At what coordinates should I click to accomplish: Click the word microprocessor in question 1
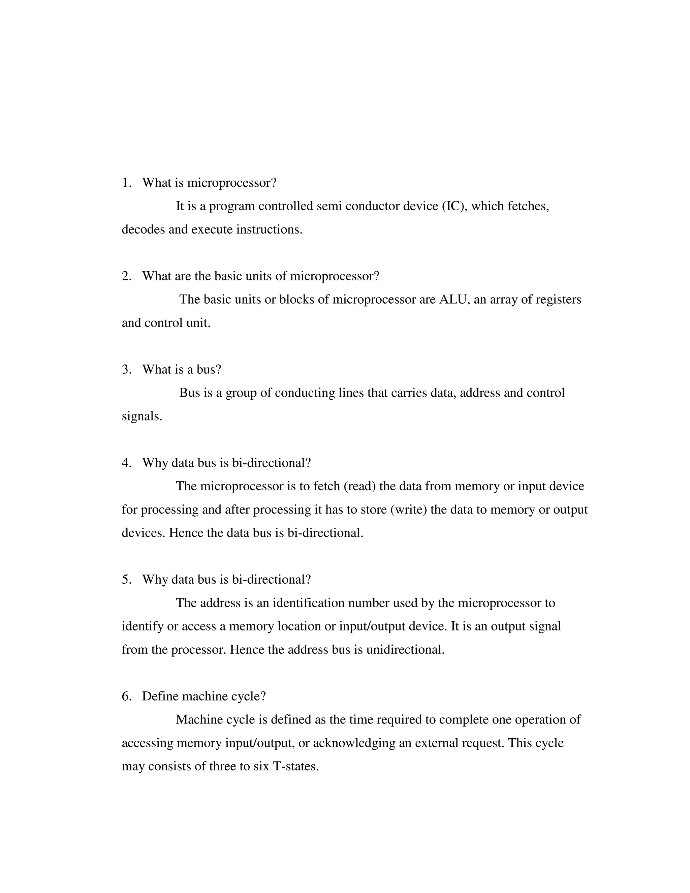pyautogui.click(x=231, y=183)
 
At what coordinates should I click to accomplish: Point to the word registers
pyautogui.click(x=558, y=299)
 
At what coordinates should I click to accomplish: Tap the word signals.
pyautogui.click(x=142, y=416)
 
